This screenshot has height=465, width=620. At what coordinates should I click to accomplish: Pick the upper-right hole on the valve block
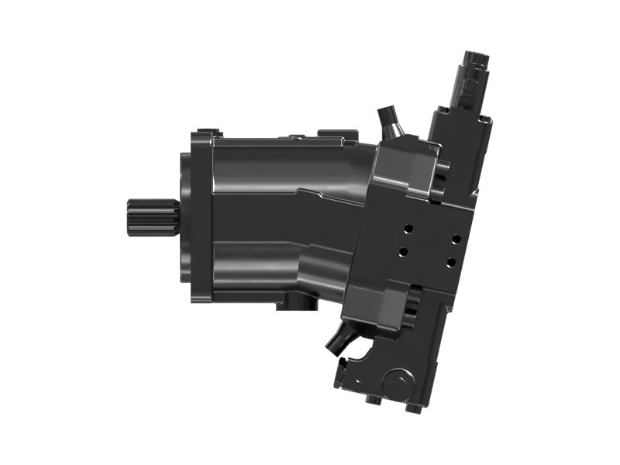456,239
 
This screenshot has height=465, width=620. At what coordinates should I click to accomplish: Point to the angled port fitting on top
387,122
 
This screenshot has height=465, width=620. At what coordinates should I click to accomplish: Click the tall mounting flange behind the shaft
200,217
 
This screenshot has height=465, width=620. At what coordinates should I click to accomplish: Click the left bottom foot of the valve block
373,399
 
